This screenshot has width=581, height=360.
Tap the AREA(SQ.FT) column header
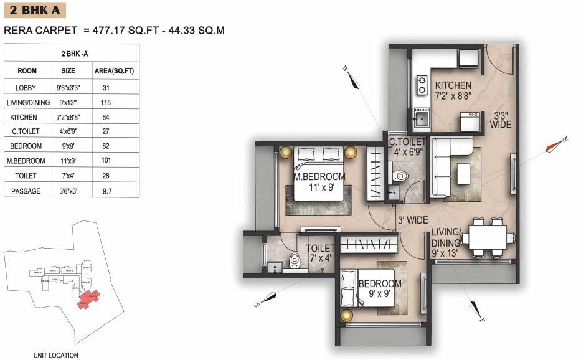pos(113,71)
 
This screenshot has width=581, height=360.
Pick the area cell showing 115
pos(106,102)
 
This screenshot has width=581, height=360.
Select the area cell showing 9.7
pos(106,191)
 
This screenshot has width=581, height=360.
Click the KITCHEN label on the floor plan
pos(453,86)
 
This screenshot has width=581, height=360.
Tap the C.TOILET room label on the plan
pos(407,142)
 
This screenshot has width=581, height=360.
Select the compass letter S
pos(256,305)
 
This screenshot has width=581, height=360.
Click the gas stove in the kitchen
pos(422,83)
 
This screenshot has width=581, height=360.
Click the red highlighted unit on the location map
pos(89,298)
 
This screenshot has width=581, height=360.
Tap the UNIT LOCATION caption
pos(56,356)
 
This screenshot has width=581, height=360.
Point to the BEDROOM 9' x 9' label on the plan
pos(379,288)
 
